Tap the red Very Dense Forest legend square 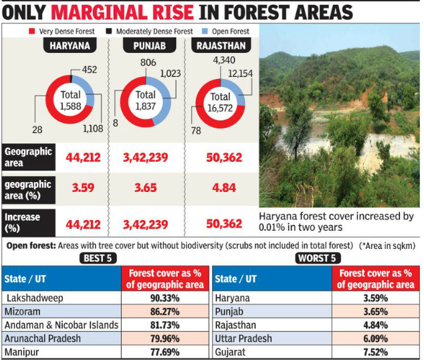(31, 31)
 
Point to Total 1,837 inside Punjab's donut (145, 101)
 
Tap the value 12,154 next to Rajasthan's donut (239, 73)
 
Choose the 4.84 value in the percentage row (224, 188)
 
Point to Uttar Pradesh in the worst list (244, 338)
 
